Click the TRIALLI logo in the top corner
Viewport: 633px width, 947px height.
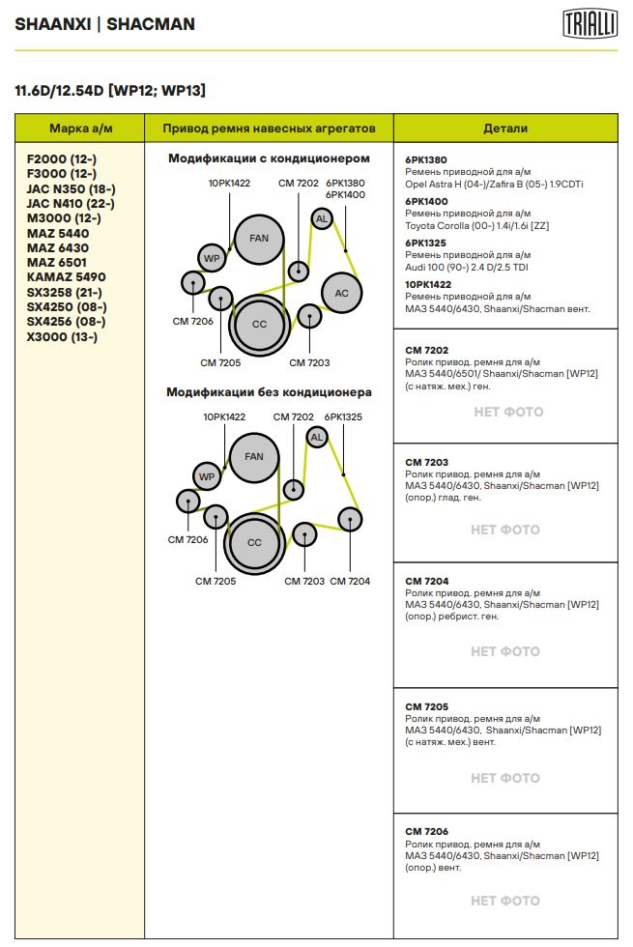point(590,24)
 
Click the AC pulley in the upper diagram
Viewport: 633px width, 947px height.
point(341,293)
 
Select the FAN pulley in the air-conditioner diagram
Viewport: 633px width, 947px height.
point(258,239)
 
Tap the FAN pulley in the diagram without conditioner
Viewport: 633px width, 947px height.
point(253,457)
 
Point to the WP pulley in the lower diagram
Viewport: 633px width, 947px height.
point(206,476)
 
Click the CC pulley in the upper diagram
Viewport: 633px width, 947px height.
point(259,325)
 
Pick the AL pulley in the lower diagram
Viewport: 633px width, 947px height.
point(316,438)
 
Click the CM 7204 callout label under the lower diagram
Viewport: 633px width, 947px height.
point(350,581)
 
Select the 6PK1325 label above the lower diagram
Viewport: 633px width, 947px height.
point(343,416)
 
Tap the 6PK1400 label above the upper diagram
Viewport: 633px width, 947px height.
point(345,194)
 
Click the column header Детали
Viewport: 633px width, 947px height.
point(505,128)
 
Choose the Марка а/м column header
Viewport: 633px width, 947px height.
point(79,128)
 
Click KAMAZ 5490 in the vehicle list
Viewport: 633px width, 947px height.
point(66,277)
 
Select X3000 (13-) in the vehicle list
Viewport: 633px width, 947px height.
point(62,337)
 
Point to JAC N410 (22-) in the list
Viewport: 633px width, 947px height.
point(71,203)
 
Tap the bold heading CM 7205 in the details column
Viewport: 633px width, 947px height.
point(426,706)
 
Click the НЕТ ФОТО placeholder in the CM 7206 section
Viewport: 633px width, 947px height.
point(504,901)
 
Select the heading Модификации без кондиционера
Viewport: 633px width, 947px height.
point(269,392)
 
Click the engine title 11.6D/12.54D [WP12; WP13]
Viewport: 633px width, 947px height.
point(109,91)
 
